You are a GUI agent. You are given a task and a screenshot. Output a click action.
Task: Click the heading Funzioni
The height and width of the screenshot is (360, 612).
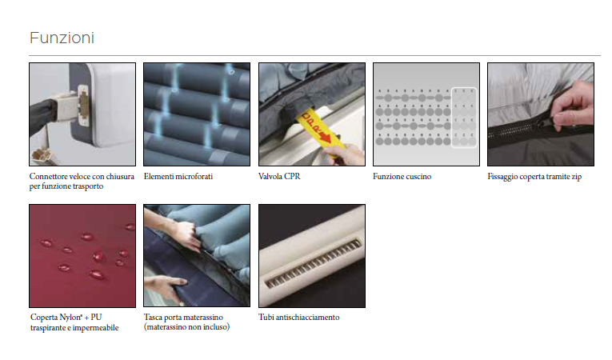[62, 38]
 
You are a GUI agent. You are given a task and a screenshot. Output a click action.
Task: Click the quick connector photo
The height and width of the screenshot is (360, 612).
[82, 114]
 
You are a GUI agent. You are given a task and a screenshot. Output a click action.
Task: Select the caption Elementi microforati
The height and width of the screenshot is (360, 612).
[178, 177]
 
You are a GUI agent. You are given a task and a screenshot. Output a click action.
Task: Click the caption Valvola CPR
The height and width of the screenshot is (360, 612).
[279, 177]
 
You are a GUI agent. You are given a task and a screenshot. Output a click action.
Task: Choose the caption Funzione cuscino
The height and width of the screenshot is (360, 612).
[402, 177]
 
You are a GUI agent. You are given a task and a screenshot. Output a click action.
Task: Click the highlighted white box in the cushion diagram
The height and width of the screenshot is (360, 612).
[464, 118]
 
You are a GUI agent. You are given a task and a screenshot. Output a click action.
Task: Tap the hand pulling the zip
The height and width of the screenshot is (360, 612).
[570, 108]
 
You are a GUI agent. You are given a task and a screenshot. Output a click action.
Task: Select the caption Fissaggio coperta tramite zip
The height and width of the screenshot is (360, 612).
[534, 177]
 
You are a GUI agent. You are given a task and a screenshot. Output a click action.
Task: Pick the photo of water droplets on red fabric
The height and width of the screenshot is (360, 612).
[82, 256]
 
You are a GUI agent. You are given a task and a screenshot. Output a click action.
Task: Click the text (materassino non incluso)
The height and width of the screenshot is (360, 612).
[186, 327]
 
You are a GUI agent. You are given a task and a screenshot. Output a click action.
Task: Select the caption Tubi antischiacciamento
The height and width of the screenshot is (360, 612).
[299, 318]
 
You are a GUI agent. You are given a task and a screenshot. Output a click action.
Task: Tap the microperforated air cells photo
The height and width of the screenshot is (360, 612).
[197, 114]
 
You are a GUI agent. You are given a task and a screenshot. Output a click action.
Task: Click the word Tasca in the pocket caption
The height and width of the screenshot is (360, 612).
[153, 318]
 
